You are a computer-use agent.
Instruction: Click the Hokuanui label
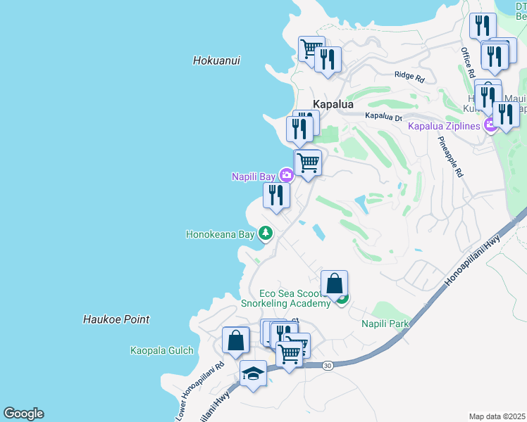coord(216,61)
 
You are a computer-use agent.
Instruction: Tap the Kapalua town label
coord(333,104)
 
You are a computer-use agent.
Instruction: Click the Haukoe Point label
coord(116,319)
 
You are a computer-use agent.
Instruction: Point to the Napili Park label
coord(385,324)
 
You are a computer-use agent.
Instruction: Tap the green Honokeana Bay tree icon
coord(265,233)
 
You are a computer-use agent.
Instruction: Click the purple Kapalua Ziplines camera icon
coord(490,126)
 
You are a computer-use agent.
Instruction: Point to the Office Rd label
coord(467,62)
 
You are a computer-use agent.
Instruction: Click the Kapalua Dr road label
coord(383,117)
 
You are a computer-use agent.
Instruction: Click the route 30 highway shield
coord(328,366)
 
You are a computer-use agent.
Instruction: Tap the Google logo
coord(23,414)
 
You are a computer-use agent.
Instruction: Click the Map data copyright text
coord(497,416)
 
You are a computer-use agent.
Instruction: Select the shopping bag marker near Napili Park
coord(335,283)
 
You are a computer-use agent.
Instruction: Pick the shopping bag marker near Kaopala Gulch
coord(235,340)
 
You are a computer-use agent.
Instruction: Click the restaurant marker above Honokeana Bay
coord(276,196)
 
